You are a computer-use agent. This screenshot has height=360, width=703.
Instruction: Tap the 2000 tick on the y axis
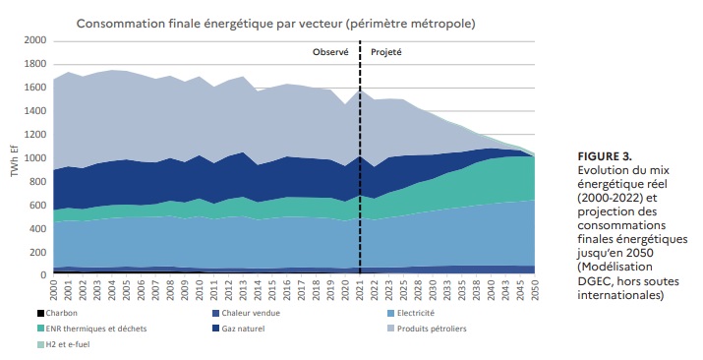click(33, 40)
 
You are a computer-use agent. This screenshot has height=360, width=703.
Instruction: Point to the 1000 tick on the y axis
click(33, 157)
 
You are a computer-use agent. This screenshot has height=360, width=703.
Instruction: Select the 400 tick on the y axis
click(36, 228)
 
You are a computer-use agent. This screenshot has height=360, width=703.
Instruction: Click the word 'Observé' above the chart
click(330, 51)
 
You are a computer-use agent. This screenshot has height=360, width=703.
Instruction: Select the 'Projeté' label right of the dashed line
click(386, 51)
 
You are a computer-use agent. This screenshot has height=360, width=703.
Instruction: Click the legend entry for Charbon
click(56, 313)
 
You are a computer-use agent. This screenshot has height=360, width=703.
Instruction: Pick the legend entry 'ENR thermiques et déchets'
click(85, 329)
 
